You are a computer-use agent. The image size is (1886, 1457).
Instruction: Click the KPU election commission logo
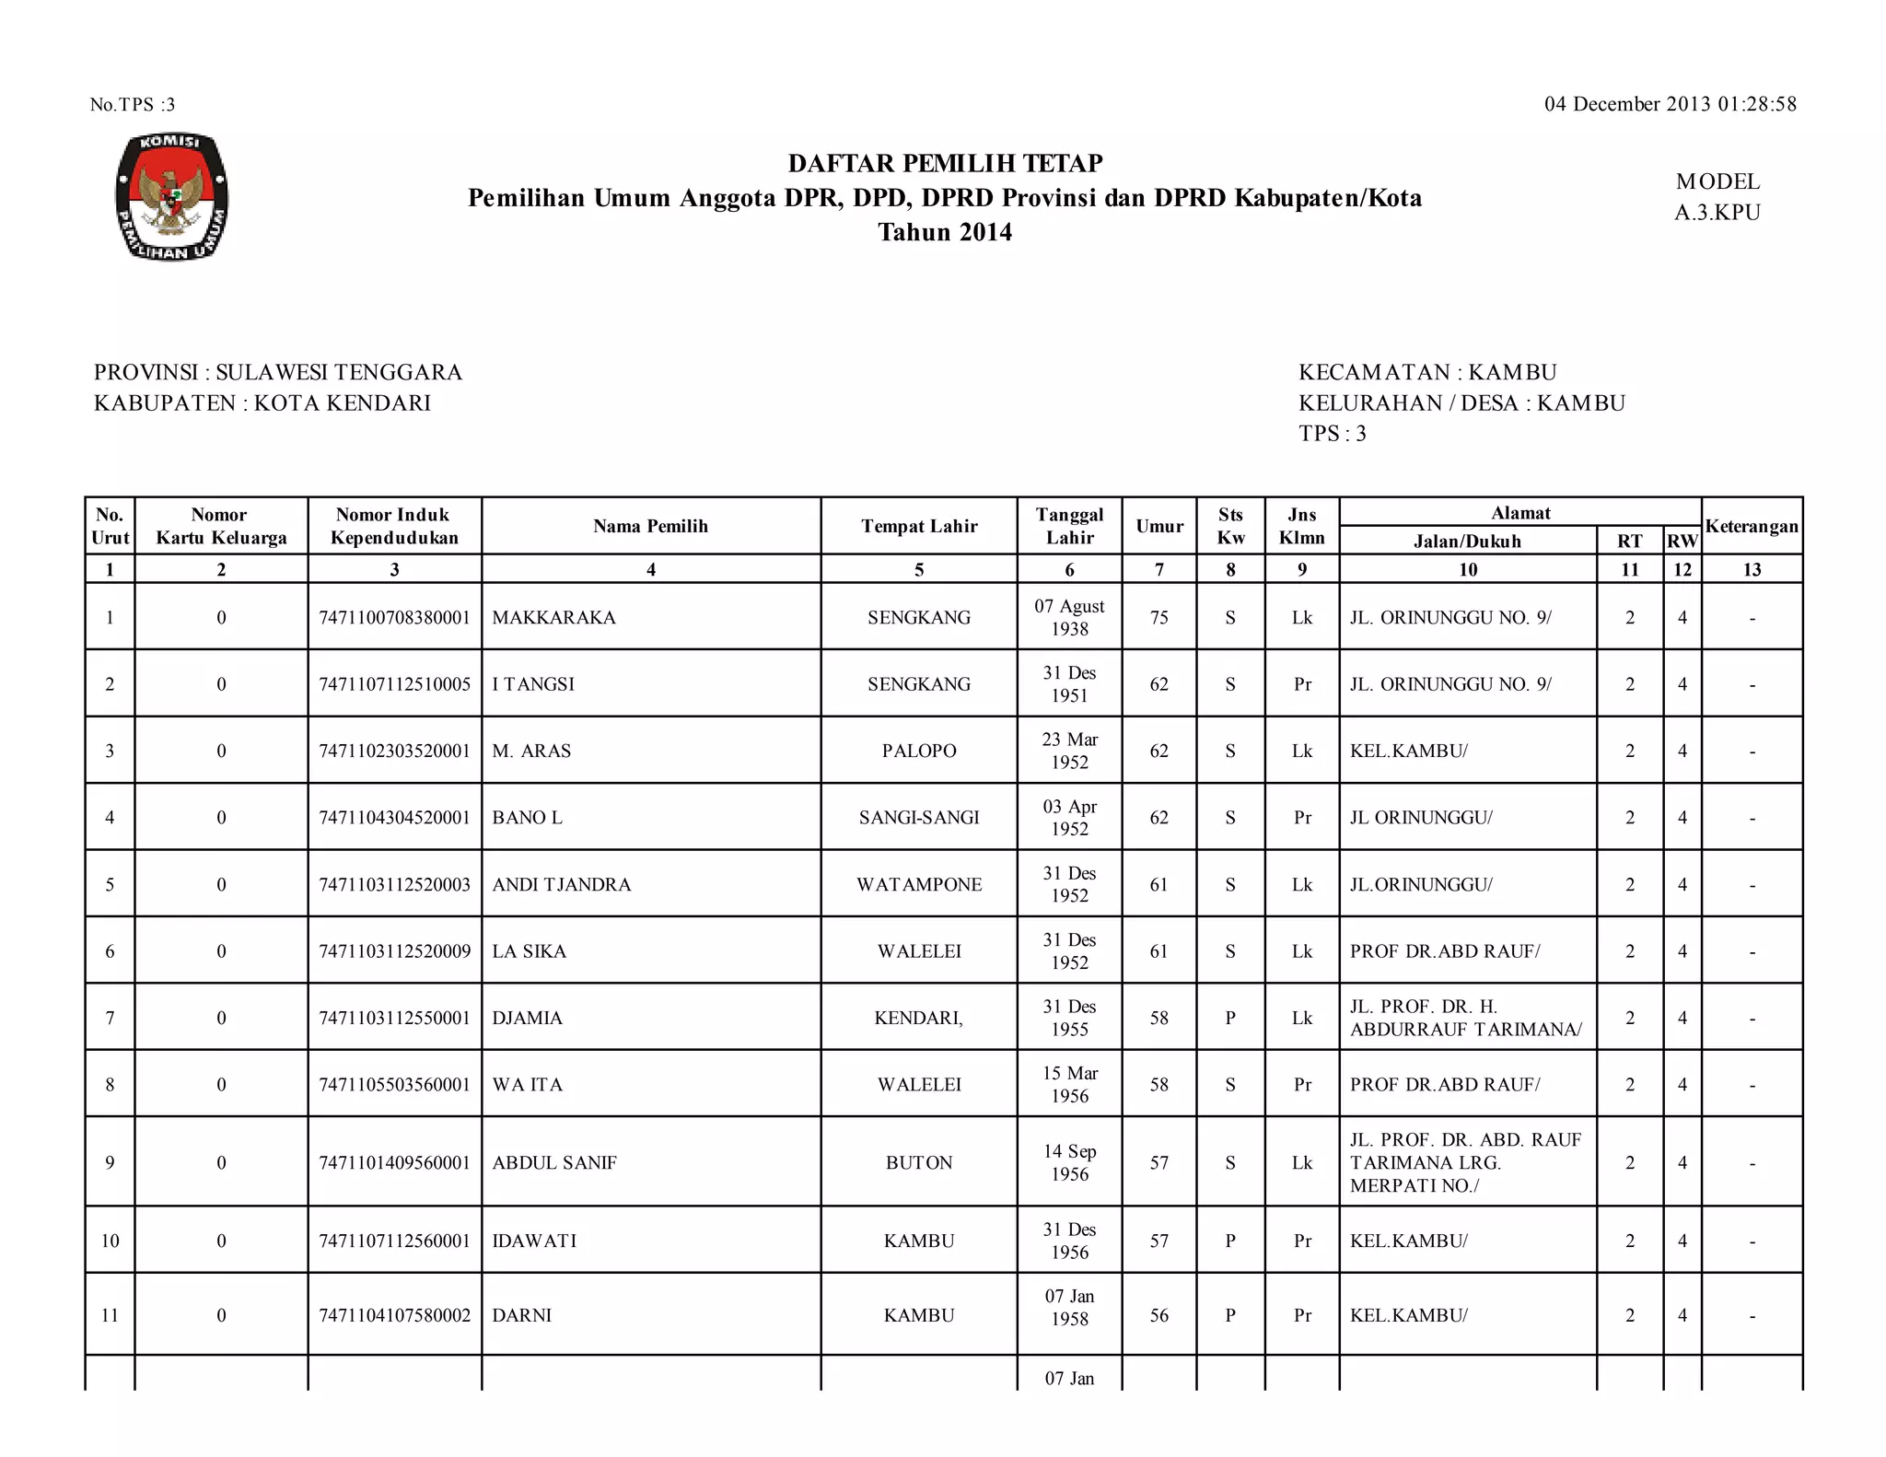point(172,196)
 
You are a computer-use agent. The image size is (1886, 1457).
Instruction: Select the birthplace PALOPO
point(918,751)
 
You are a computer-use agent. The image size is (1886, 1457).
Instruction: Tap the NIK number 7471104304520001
point(394,818)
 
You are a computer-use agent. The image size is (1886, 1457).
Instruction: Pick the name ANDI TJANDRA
point(561,884)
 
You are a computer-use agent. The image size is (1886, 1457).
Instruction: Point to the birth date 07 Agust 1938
point(1069,617)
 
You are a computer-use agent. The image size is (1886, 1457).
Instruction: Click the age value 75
point(1158,617)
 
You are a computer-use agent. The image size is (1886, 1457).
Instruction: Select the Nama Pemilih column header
point(650,526)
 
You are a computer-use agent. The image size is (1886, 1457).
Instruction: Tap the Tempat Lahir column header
point(918,526)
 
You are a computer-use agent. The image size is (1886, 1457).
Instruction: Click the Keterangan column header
point(1752,526)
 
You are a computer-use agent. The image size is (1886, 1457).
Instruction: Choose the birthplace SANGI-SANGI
point(918,818)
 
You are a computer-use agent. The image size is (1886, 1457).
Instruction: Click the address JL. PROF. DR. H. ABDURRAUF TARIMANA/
point(1466,1018)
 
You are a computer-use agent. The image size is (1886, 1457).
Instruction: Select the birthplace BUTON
point(918,1162)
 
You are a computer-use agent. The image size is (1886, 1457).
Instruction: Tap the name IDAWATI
point(534,1241)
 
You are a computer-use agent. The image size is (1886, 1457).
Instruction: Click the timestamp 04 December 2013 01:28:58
point(1670,104)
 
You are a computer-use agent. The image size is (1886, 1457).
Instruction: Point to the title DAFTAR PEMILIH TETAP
point(945,163)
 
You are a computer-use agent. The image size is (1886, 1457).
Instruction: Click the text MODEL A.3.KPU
point(1717,197)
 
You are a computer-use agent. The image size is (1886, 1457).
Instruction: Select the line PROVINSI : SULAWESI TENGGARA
point(278,372)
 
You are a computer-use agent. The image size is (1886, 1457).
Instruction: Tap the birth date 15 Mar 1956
point(1069,1084)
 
